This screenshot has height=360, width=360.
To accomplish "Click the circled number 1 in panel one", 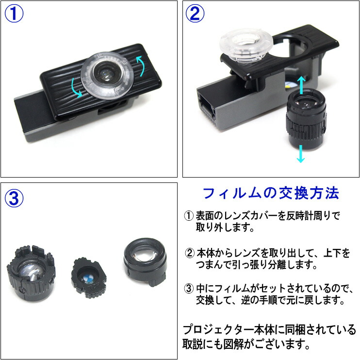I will click(x=14, y=14).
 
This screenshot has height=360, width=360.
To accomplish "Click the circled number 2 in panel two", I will click(x=196, y=14).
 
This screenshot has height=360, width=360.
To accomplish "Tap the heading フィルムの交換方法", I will click(x=270, y=194).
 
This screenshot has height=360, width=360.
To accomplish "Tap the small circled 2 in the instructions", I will click(x=190, y=253).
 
